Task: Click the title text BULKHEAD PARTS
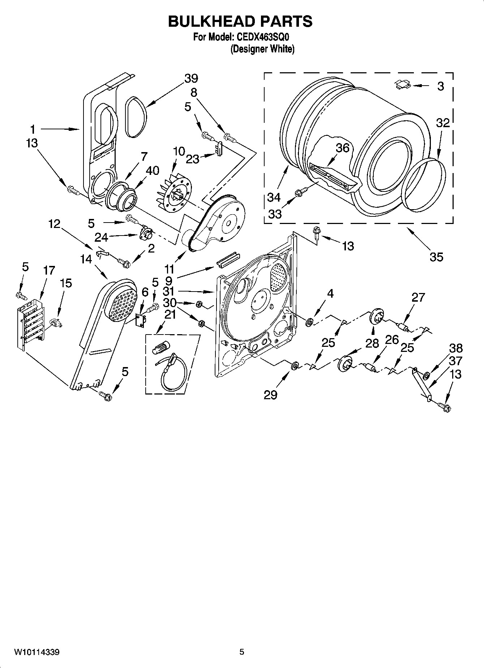coord(240,22)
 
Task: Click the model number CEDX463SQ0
coord(263,37)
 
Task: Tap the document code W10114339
coord(37,652)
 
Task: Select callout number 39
coord(191,78)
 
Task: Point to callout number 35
coord(436,257)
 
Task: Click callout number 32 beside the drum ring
coord(442,123)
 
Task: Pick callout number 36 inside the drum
coord(342,148)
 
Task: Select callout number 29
coord(270,395)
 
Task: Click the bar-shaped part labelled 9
coord(228,259)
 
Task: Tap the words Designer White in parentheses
coord(262,49)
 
